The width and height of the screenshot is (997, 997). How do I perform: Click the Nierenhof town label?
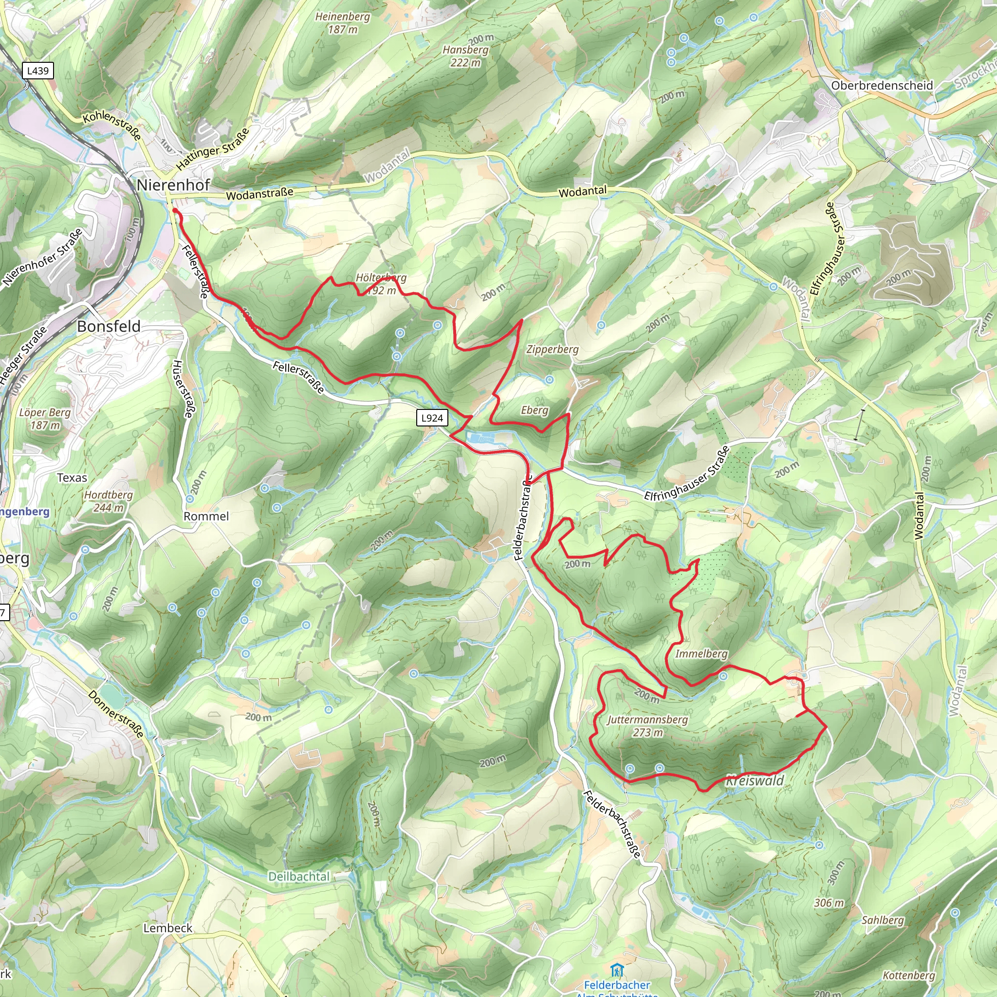pyautogui.click(x=173, y=185)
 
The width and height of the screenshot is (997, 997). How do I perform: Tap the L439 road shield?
pyautogui.click(x=37, y=71)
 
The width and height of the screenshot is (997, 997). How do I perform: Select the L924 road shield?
pyautogui.click(x=432, y=418)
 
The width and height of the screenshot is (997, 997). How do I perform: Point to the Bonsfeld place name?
pyautogui.click(x=109, y=326)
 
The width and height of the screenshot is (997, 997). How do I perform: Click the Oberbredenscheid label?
pyautogui.click(x=882, y=86)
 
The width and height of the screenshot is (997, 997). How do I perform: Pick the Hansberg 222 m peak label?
pyautogui.click(x=465, y=55)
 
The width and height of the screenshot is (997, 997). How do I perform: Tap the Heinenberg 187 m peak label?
pyautogui.click(x=343, y=23)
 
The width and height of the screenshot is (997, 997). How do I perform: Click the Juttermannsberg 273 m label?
pyautogui.click(x=647, y=725)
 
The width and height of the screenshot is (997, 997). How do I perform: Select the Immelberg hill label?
pyautogui.click(x=702, y=654)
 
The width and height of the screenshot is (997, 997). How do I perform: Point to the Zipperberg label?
pyautogui.click(x=552, y=350)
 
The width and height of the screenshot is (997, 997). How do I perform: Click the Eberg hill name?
pyautogui.click(x=534, y=410)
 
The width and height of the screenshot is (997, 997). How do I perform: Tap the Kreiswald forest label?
pyautogui.click(x=755, y=780)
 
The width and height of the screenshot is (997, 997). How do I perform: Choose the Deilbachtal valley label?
pyautogui.click(x=299, y=877)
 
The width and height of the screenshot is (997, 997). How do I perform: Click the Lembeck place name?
pyautogui.click(x=168, y=928)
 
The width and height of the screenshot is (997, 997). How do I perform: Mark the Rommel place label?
pyautogui.click(x=206, y=517)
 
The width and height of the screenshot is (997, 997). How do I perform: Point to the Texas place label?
pyautogui.click(x=72, y=478)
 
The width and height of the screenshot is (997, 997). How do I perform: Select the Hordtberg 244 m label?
pyautogui.click(x=109, y=501)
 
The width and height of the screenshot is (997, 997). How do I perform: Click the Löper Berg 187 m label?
pyautogui.click(x=45, y=419)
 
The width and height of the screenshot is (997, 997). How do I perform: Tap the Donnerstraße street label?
pyautogui.click(x=116, y=714)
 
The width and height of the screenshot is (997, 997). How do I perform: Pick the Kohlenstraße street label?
pyautogui.click(x=112, y=126)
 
